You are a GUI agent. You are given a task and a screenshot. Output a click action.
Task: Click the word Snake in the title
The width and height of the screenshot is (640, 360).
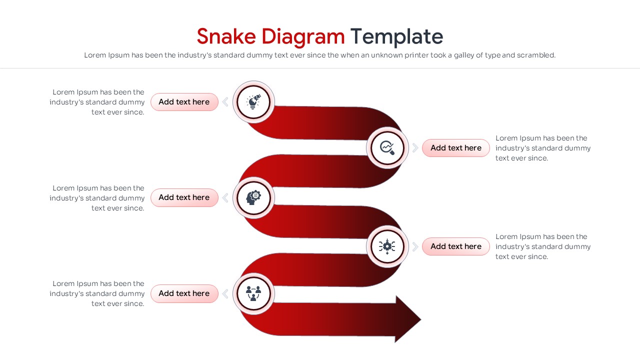226,36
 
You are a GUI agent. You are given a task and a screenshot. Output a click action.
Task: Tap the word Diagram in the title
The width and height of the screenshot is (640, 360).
303,37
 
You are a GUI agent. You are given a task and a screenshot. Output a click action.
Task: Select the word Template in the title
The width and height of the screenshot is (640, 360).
396,37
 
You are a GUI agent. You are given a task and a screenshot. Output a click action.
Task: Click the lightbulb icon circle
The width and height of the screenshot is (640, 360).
253,102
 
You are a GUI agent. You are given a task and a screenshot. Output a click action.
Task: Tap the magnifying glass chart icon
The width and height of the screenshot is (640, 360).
387,148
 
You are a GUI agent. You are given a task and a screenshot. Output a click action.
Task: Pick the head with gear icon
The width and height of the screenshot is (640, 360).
253,197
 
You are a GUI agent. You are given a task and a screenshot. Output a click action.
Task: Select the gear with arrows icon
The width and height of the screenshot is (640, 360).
387,246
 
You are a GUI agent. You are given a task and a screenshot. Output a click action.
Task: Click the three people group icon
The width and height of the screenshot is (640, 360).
253,293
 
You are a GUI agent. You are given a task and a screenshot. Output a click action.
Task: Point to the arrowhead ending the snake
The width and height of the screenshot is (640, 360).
408,319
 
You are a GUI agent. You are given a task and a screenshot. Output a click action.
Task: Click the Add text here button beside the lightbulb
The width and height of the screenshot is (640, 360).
184,102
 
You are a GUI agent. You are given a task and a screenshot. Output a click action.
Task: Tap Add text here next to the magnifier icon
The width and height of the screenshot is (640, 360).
456,148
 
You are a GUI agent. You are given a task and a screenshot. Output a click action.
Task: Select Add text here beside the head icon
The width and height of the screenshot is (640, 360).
184,197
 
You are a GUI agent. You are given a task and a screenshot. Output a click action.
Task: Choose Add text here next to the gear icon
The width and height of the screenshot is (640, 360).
456,246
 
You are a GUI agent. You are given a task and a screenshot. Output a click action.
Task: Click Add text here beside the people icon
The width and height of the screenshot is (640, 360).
184,293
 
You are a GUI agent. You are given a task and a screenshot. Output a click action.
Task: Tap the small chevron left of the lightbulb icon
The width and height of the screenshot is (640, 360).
225,101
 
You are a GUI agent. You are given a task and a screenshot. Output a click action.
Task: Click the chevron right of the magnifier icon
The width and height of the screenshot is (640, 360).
415,147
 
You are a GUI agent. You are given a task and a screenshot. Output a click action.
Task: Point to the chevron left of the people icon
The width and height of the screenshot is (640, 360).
225,293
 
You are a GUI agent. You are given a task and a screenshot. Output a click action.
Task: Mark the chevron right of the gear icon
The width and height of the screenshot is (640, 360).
415,246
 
